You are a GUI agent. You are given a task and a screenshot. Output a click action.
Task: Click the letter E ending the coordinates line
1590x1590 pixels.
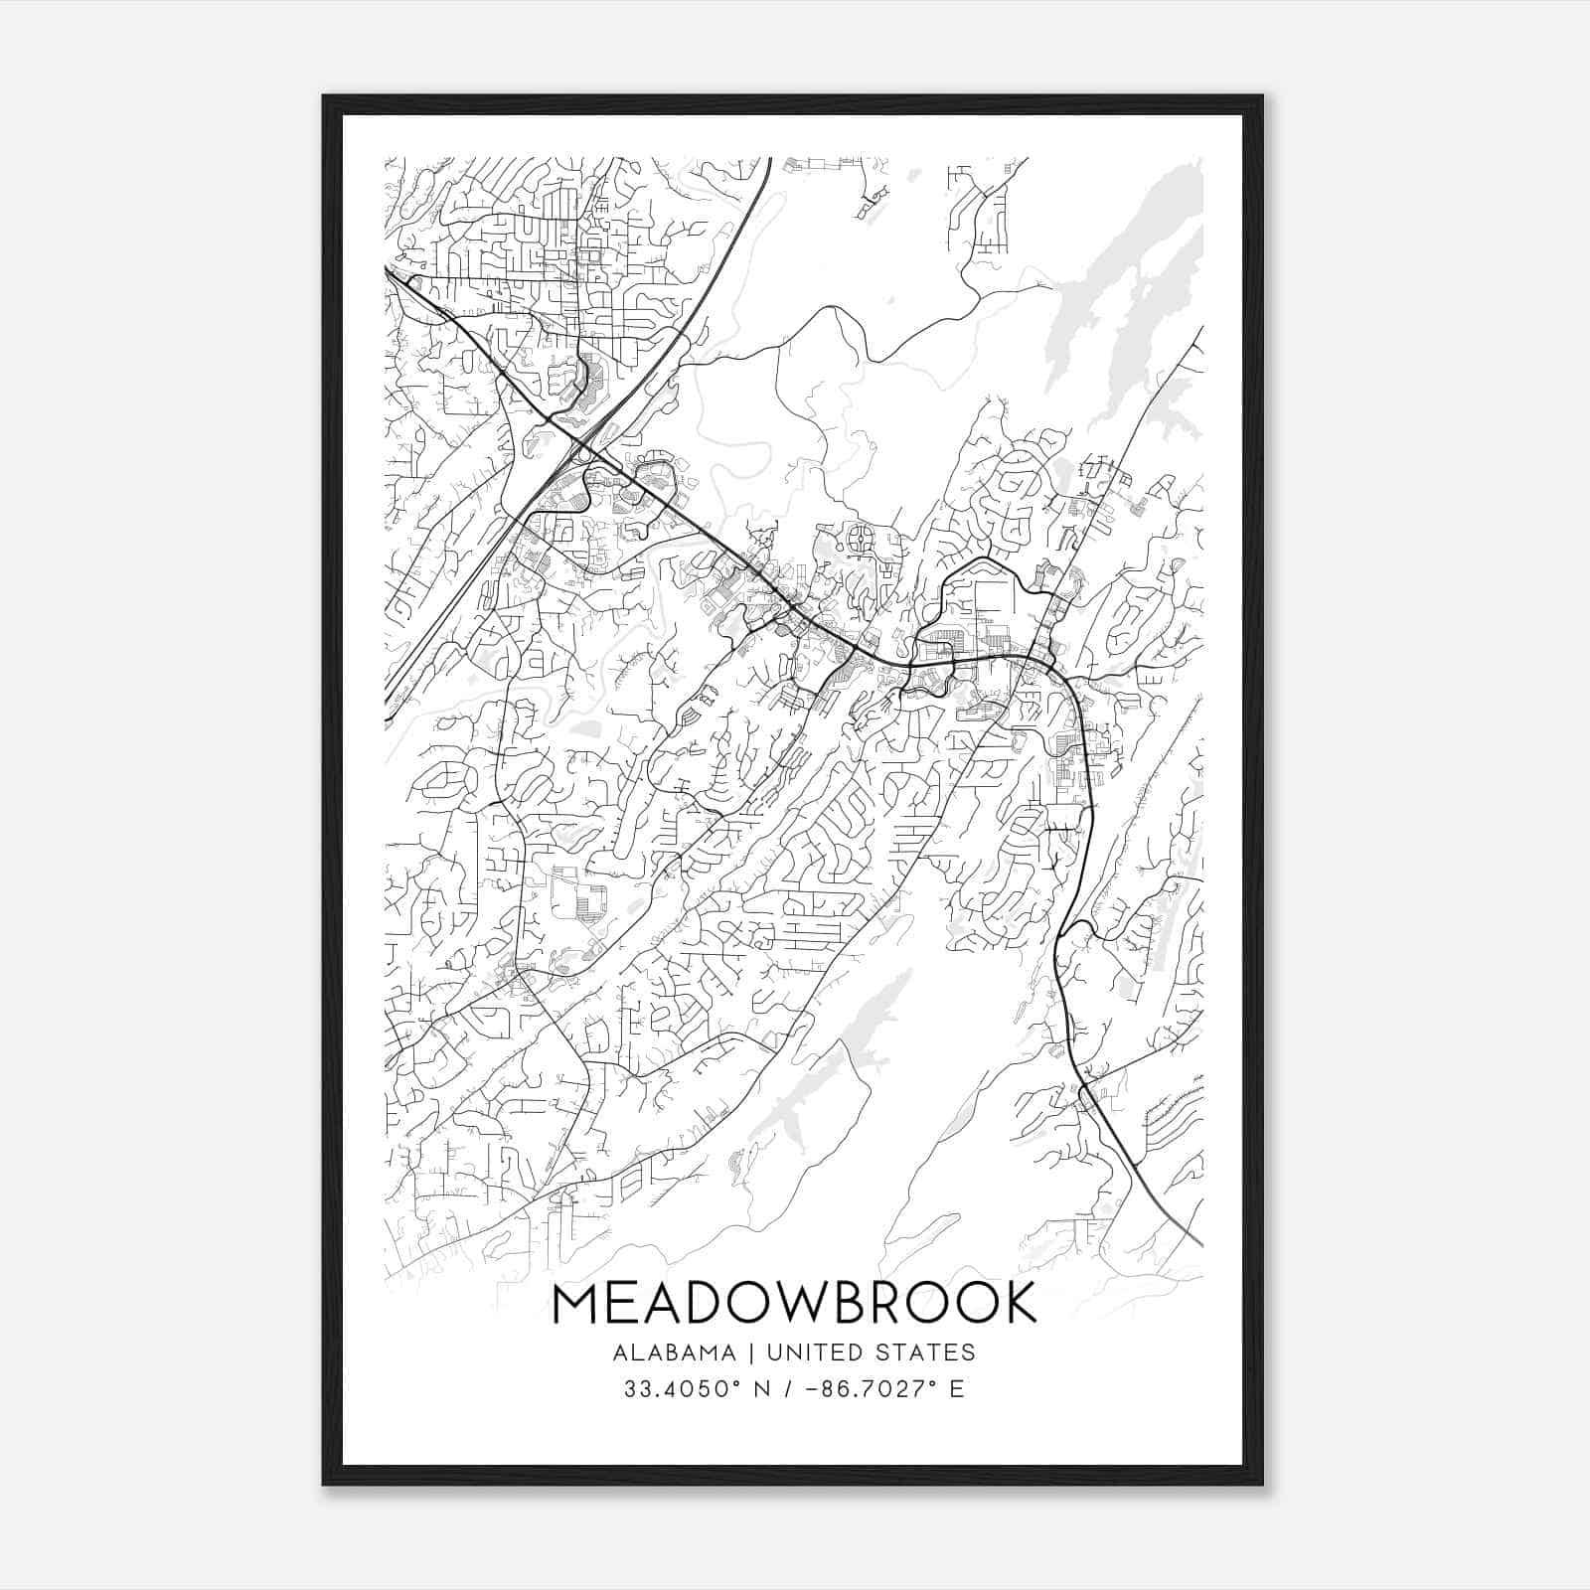[x=957, y=1388]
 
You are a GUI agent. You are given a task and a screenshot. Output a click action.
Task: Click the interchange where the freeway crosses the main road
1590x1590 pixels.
[x=579, y=453]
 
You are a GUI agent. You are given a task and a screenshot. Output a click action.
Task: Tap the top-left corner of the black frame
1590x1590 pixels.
[x=324, y=97]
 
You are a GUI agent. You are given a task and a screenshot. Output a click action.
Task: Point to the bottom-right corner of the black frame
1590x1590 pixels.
[x=1261, y=1484]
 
